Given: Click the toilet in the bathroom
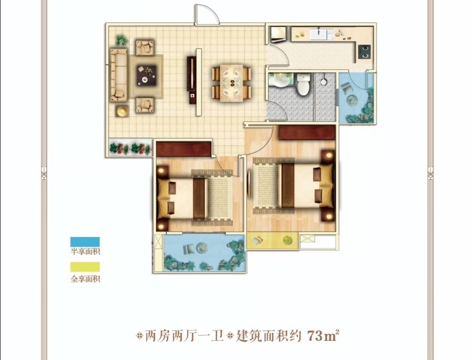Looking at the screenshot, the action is (x=303, y=84).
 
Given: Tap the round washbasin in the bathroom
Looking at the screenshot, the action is (x=282, y=80).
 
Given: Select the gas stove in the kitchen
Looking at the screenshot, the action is (x=364, y=51).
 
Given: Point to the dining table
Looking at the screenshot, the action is (x=232, y=83).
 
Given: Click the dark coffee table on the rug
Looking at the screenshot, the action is (x=147, y=75).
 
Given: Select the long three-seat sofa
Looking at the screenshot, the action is (x=118, y=75).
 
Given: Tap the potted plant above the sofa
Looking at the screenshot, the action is (x=122, y=40).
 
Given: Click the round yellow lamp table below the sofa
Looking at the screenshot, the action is (x=122, y=111).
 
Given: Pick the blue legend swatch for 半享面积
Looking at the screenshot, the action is (x=85, y=242).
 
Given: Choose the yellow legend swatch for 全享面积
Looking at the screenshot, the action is (x=85, y=267).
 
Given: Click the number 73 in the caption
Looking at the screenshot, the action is (x=315, y=336).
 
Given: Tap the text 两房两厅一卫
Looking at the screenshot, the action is (x=185, y=336).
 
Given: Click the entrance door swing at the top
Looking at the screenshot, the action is (x=207, y=14).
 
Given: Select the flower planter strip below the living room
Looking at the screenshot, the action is (x=130, y=147).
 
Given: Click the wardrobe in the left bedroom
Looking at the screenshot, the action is (x=183, y=149).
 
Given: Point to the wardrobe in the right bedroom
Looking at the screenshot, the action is (x=307, y=132).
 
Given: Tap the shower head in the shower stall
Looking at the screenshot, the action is (x=324, y=81).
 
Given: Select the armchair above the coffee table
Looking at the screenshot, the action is (x=145, y=48).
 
